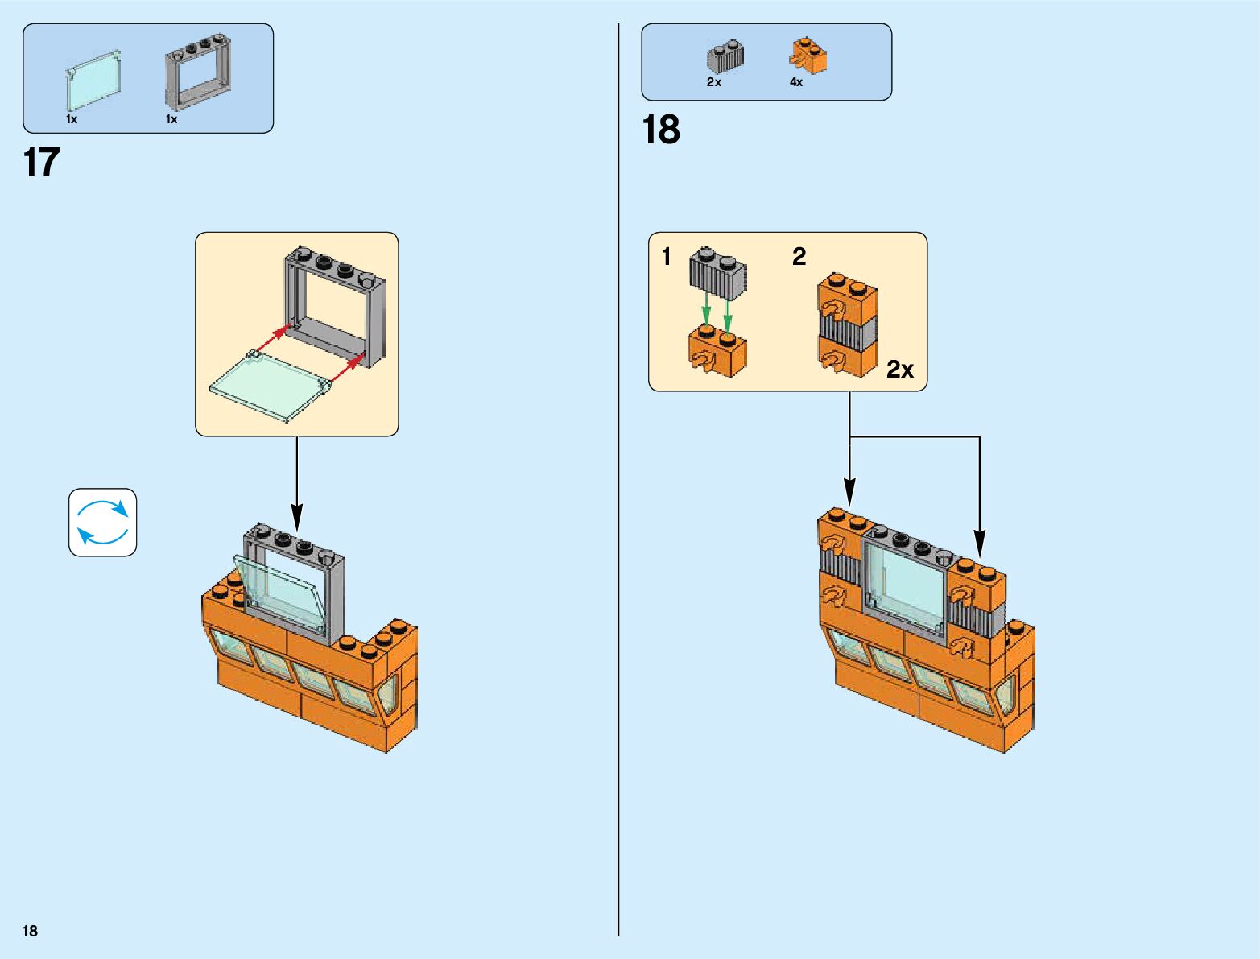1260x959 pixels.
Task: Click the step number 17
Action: tap(42, 163)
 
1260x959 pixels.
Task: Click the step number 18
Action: tap(661, 130)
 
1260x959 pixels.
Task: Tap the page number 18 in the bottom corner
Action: tap(31, 931)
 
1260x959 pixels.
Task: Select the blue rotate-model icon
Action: tap(103, 523)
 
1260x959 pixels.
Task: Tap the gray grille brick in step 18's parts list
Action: tap(725, 57)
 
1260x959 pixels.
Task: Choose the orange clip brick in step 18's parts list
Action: tap(808, 56)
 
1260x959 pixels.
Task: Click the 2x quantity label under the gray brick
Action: tap(714, 82)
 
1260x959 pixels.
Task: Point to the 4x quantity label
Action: tap(796, 82)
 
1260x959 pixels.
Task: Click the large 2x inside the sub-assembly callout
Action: tap(900, 370)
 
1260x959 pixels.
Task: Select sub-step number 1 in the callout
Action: tap(666, 257)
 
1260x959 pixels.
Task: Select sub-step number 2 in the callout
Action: tap(799, 257)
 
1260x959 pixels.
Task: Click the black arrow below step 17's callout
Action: tap(297, 483)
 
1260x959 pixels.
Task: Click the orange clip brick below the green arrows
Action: tap(717, 353)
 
